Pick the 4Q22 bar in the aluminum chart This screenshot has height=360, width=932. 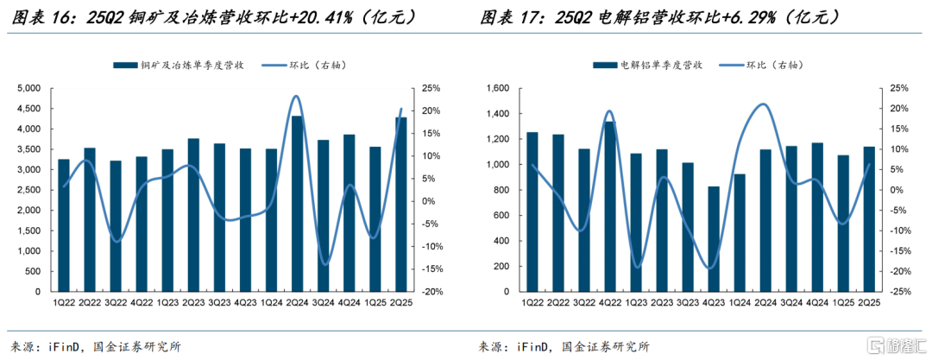click(x=609, y=206)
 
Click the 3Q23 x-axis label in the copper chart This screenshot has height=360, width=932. click(x=219, y=303)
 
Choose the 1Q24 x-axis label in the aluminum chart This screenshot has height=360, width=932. click(x=738, y=303)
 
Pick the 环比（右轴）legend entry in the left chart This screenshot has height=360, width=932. click(x=308, y=65)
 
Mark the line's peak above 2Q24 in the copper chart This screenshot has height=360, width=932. click(x=297, y=96)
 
